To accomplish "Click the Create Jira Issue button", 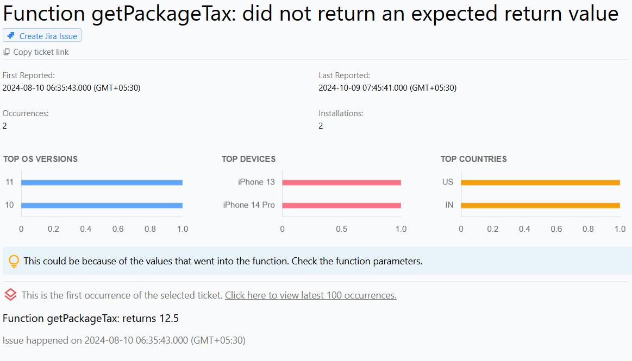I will click(x=42, y=36).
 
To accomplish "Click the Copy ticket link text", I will click(x=41, y=52).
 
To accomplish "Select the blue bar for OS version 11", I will click(x=102, y=182).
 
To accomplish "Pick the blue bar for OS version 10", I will click(x=102, y=205).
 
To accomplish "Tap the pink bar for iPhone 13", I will click(x=341, y=182).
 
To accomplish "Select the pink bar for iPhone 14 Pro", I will click(x=341, y=205).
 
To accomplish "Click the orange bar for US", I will click(x=540, y=182).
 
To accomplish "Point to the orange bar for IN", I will click(x=540, y=205).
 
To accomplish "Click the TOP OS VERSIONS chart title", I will click(x=40, y=159).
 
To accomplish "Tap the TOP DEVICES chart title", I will click(x=248, y=159).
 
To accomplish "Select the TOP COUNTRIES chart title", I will click(x=473, y=159).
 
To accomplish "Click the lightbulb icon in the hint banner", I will click(x=14, y=262).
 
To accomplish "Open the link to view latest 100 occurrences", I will click(x=310, y=295).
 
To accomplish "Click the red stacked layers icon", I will click(x=10, y=295).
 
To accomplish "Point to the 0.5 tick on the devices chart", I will click(x=341, y=229).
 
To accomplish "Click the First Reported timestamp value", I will click(x=71, y=87).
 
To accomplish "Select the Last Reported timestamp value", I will click(x=387, y=87).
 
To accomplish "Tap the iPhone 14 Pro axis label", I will click(x=249, y=205).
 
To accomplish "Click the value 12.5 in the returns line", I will click(x=169, y=318).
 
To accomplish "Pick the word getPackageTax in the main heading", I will click(x=164, y=14).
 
